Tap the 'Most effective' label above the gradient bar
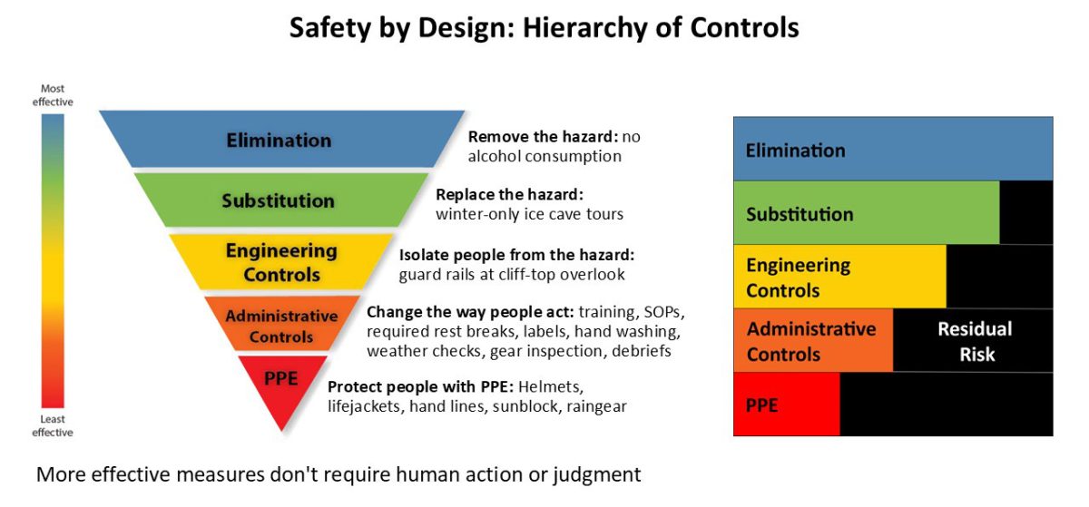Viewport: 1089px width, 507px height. click(x=53, y=95)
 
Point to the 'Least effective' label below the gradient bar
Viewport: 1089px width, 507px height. click(x=53, y=425)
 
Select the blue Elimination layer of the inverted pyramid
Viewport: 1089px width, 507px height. click(x=282, y=140)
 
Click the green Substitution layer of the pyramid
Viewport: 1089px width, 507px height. click(x=281, y=200)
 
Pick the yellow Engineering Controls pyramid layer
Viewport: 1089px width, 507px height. click(x=281, y=262)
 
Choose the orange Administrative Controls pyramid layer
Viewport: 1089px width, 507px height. click(x=281, y=323)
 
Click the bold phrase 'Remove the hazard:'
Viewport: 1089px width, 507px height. click(x=543, y=137)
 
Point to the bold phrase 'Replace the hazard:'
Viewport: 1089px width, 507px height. click(x=509, y=195)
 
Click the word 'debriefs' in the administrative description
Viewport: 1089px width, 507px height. click(x=642, y=351)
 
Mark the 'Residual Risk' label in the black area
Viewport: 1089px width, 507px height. click(x=976, y=341)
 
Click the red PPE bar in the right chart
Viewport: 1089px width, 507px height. click(x=787, y=405)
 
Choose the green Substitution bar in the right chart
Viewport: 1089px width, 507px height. click(x=867, y=213)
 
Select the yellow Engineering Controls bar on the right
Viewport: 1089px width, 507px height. click(x=839, y=277)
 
